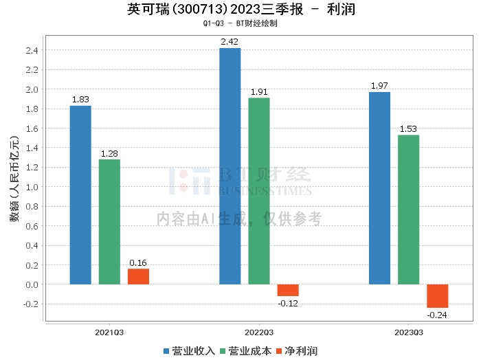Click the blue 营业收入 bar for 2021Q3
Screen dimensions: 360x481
[80, 194]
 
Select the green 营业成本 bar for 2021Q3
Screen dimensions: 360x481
[109, 221]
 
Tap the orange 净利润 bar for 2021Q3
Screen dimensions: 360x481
[138, 276]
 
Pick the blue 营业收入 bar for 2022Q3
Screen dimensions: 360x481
[230, 166]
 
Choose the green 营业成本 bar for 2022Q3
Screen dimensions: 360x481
[259, 190]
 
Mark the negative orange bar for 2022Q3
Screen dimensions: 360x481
[288, 290]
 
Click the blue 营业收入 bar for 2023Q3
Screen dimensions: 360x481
[379, 188]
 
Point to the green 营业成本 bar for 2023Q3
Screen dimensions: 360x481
[408, 209]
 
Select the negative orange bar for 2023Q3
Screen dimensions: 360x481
[437, 295]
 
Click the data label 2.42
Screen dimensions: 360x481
[230, 42]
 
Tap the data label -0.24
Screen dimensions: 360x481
[437, 315]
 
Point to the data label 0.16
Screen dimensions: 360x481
[138, 262]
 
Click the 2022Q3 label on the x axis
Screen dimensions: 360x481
[258, 333]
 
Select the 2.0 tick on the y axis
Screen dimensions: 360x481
[32, 89]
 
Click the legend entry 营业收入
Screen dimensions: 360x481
[189, 350]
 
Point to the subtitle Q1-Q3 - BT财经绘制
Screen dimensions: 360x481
[240, 23]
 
